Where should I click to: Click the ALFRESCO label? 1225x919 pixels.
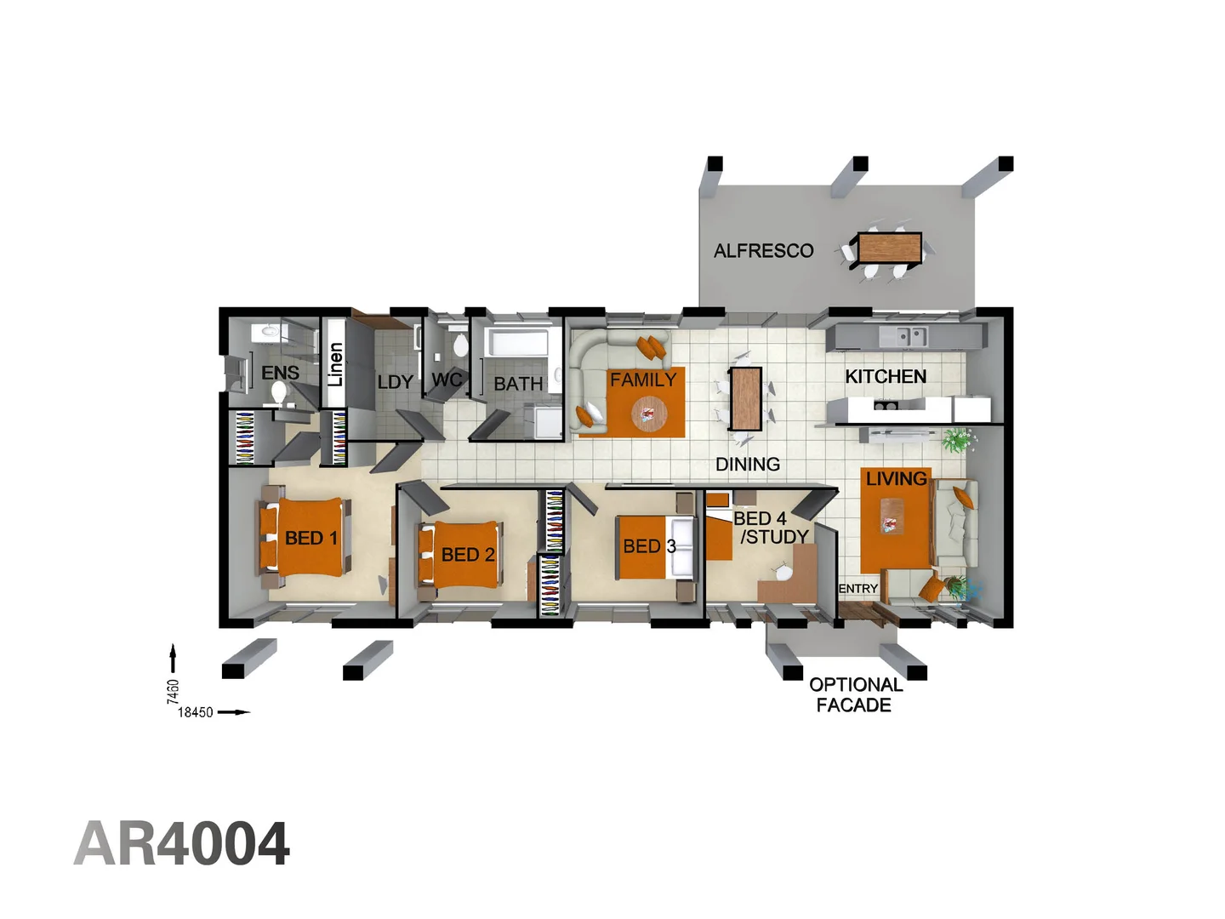763,251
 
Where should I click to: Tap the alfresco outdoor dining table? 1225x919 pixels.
889,248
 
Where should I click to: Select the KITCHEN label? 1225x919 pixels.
886,376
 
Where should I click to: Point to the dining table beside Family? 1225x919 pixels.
745,398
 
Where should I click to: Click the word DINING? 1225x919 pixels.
748,465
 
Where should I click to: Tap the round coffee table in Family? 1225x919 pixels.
649,415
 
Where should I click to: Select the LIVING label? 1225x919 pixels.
896,479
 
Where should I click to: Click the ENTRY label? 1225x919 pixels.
857,589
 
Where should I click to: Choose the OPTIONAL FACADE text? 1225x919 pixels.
855,695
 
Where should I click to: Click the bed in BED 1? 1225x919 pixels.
303,538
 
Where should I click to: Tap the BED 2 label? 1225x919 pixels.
468,555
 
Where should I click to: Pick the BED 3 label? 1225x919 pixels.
649,546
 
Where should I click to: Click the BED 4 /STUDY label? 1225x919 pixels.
769,528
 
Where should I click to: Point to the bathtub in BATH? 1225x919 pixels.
520,344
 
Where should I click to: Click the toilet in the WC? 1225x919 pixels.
460,345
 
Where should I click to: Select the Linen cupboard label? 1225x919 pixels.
335,364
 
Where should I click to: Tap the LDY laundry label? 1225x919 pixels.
395,382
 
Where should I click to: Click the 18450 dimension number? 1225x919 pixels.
195,712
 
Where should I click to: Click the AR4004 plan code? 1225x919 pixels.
182,844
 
